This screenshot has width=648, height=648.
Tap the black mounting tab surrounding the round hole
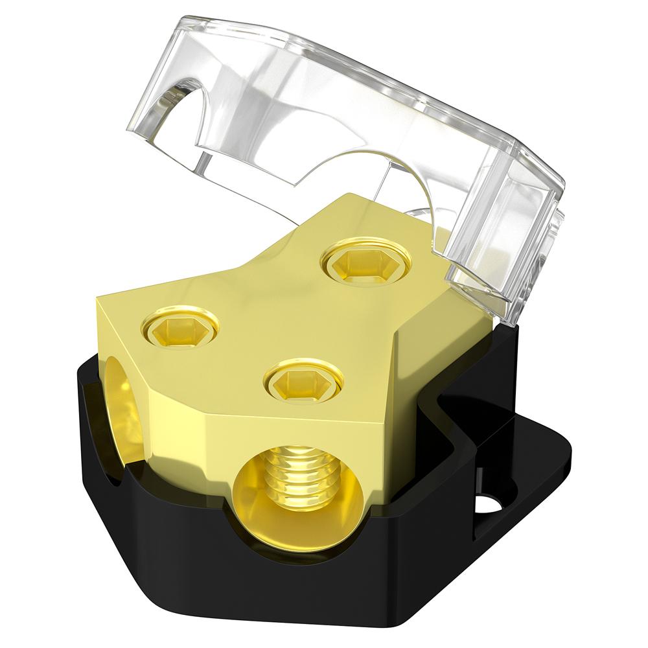(x=518, y=480)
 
